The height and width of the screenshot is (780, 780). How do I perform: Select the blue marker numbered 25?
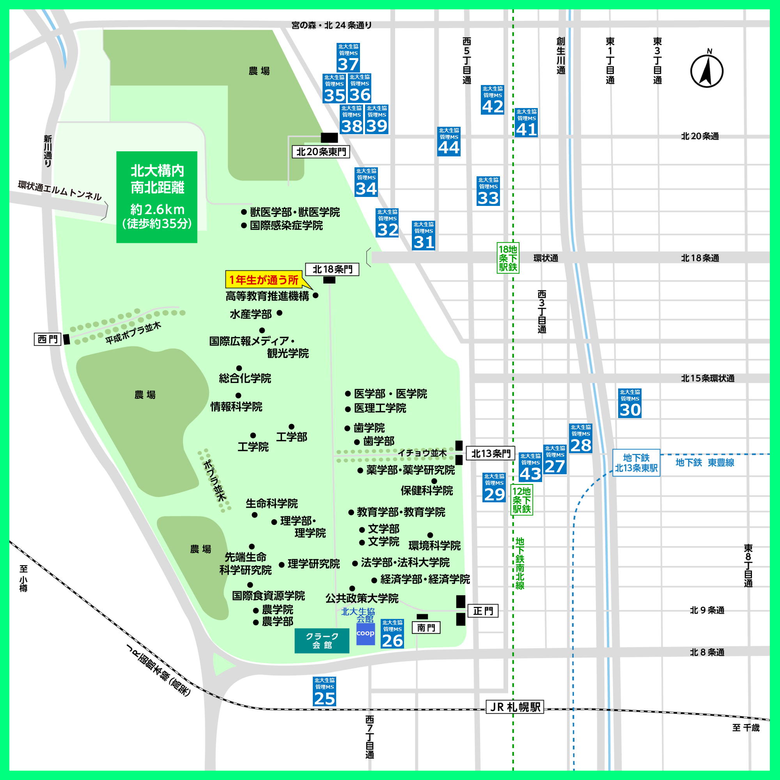[x=324, y=691]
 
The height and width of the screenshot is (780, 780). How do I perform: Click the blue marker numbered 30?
[x=630, y=403]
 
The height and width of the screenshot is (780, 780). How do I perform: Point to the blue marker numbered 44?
[x=449, y=142]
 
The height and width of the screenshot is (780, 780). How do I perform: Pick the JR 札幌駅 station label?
[x=515, y=707]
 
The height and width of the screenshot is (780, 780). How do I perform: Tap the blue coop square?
[x=365, y=634]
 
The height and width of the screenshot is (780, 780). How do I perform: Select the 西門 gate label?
[x=48, y=339]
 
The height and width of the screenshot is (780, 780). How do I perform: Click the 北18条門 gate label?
[x=332, y=269]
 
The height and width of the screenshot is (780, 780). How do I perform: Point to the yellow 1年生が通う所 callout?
[x=264, y=279]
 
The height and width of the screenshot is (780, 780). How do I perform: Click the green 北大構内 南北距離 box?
[x=157, y=197]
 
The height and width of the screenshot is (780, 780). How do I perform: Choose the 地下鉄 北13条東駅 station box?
[x=636, y=463]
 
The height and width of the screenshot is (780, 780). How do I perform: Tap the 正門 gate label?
[x=483, y=611]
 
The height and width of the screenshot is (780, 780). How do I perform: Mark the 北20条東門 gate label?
[x=321, y=152]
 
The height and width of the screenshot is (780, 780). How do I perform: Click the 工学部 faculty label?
[x=291, y=437]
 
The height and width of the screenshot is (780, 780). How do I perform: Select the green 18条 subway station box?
[x=508, y=258]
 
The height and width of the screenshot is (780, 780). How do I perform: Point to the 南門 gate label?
[x=426, y=628]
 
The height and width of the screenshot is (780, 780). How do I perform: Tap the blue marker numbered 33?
[x=488, y=191]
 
